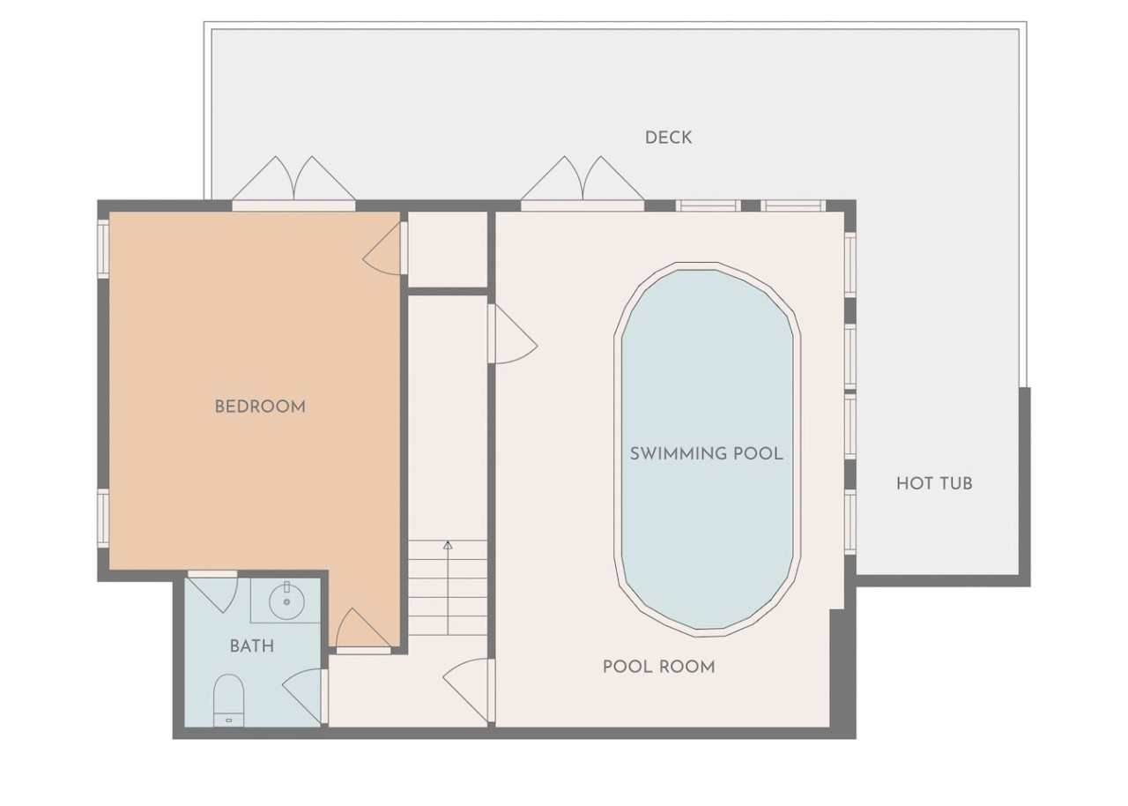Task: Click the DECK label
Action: coord(668,138)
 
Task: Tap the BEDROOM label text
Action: coord(260,407)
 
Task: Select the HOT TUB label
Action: coord(934,483)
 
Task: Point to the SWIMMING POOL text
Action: coord(707,454)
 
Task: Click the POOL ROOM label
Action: coord(658,667)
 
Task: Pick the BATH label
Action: coord(252,646)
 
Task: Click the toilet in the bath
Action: coord(228,701)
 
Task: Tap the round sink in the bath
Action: coord(286,601)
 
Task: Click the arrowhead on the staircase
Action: coord(448,545)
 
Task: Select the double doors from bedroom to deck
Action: coord(294,183)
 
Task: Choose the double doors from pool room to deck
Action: coord(583,183)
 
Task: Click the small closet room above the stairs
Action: coord(447,250)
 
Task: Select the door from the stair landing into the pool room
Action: coord(512,333)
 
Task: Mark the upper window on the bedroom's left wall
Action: coord(103,249)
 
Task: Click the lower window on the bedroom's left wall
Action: coord(103,519)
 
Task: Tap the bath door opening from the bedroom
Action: coord(212,592)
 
